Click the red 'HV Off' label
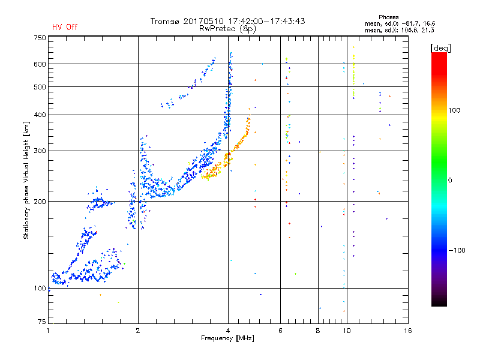point(65,27)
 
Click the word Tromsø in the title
point(166,21)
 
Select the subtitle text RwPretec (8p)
point(227,29)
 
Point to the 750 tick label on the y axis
point(40,38)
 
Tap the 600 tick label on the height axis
point(40,64)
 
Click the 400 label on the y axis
point(40,115)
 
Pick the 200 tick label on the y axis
point(40,202)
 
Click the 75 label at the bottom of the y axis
point(42,322)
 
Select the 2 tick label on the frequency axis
point(138,331)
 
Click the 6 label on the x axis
point(280,331)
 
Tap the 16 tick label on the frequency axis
point(408,331)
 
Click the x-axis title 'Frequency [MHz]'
point(227,338)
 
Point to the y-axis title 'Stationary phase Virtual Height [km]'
point(26,180)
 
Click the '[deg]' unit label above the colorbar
point(440,48)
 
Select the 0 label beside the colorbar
point(450,181)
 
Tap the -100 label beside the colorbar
point(457,250)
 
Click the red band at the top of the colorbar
point(439,61)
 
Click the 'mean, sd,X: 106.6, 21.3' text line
point(399,31)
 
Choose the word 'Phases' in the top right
point(388,17)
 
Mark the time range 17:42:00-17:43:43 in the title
point(266,21)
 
